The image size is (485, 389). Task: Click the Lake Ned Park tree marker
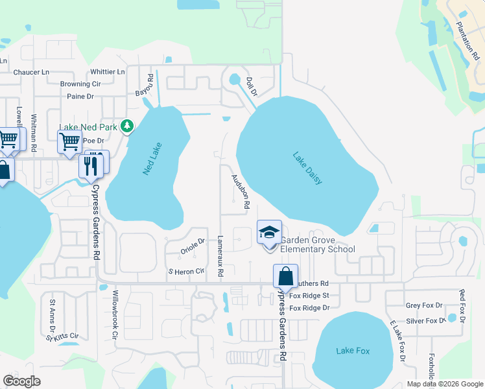point(128,125)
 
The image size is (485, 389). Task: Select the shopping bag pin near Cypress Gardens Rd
point(285,277)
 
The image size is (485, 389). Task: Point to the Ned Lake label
point(152,159)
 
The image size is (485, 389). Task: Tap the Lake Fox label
point(353,351)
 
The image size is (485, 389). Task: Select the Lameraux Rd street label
point(220,257)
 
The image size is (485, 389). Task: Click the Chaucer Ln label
point(31,73)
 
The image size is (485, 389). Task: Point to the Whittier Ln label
point(108,72)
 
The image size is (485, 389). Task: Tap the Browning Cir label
point(80,84)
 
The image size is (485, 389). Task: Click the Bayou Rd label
point(150,86)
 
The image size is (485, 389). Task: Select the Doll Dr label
point(252,87)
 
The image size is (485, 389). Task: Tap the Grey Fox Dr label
point(424,305)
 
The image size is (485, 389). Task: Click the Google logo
point(21,381)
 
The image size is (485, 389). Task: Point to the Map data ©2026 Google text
point(444,384)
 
